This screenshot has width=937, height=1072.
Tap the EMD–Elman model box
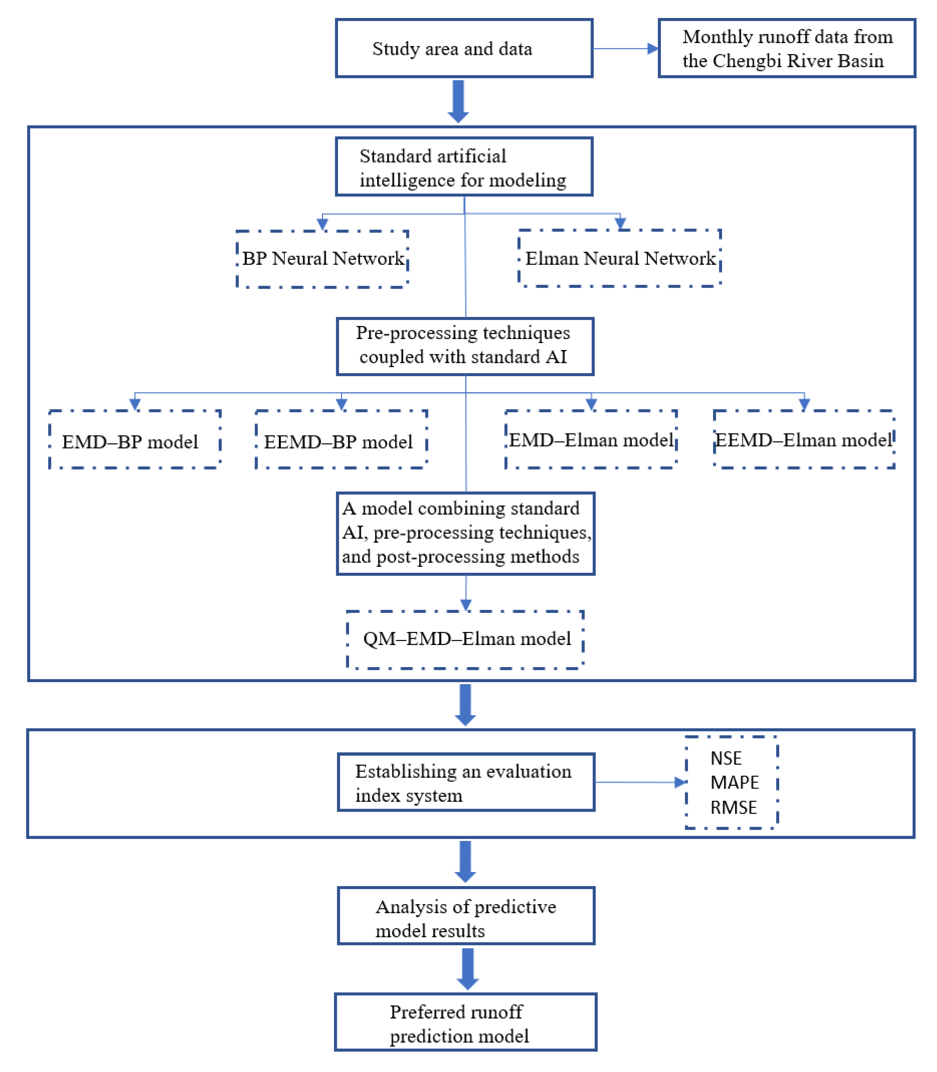[x=591, y=439]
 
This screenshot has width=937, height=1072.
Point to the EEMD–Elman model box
[x=804, y=439]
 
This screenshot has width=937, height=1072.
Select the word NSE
[x=726, y=758]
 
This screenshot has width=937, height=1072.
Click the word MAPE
[x=734, y=782]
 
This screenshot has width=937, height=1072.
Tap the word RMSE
[x=733, y=807]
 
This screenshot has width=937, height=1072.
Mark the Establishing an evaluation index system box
[x=466, y=782]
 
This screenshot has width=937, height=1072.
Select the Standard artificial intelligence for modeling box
[x=464, y=167]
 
